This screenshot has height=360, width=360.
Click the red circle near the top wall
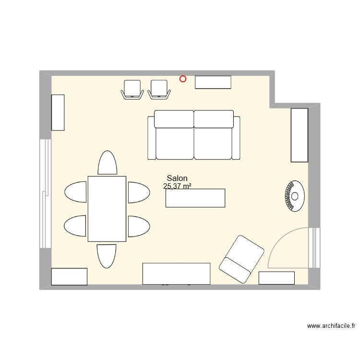(183, 79)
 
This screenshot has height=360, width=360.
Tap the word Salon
(177, 178)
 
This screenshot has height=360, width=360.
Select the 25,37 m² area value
(177, 186)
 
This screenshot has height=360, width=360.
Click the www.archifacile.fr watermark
(331, 326)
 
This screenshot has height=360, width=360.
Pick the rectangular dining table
(107, 208)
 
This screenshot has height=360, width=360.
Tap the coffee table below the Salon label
(195, 198)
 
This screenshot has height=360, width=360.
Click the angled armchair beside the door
(242, 259)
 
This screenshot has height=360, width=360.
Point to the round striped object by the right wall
(294, 195)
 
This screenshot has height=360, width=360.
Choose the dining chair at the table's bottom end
(107, 255)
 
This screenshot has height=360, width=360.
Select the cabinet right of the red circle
(213, 82)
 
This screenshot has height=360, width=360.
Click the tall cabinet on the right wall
(299, 135)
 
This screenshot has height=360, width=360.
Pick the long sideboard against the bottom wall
(176, 273)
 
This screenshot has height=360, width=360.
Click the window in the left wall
(45, 193)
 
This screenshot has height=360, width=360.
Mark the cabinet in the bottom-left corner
(69, 276)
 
